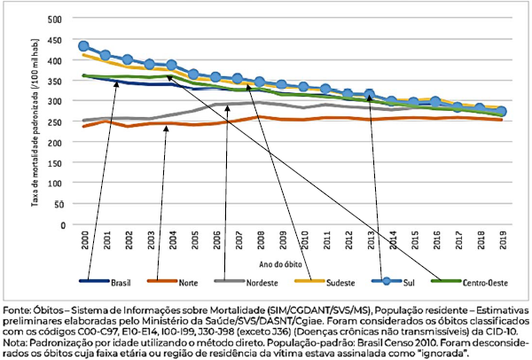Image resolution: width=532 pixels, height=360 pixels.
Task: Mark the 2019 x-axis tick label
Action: (502, 238)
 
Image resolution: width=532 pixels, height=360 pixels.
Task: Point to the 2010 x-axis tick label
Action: (304, 238)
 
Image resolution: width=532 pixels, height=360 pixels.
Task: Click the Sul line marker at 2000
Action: (84, 46)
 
